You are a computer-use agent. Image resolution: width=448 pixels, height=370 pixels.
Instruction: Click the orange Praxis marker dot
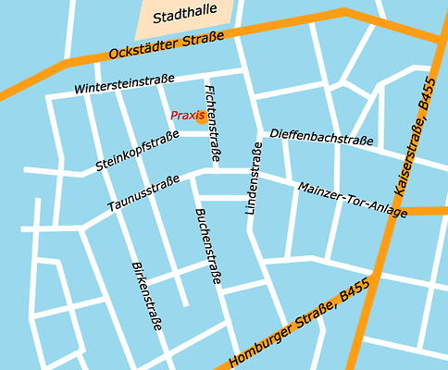coord(202,116)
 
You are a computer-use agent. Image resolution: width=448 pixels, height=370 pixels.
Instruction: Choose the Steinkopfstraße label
coord(137,152)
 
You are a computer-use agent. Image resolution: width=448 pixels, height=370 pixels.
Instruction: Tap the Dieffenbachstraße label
coord(321,138)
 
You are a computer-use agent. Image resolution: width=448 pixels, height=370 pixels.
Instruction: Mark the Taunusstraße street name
coord(143,194)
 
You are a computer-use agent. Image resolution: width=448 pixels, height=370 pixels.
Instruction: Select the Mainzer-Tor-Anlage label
coord(353,200)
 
